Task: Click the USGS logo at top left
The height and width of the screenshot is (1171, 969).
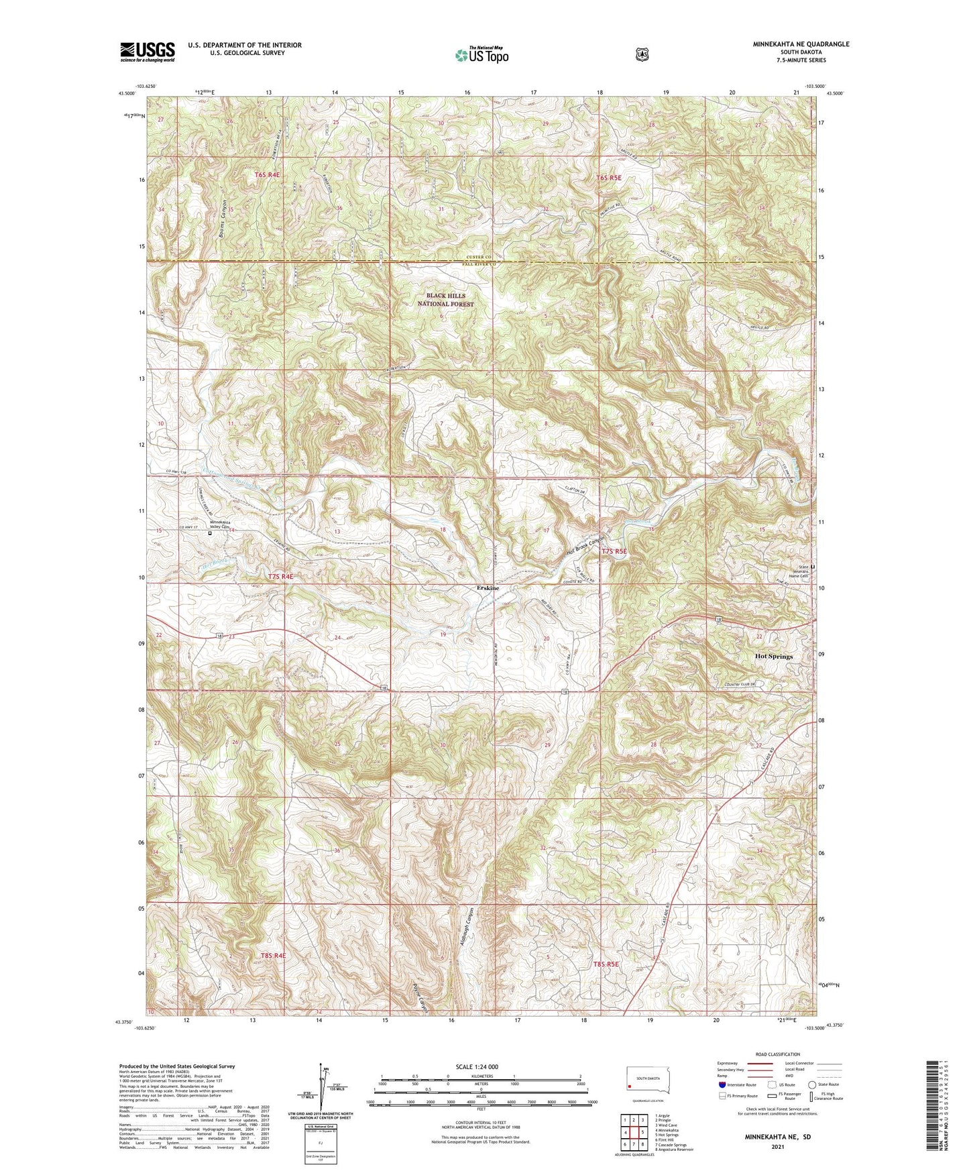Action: click(x=148, y=52)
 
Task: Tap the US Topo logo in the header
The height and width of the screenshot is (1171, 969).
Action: click(x=481, y=55)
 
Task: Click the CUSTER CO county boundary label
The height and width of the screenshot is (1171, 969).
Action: click(x=479, y=258)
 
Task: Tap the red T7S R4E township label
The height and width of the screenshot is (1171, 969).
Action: click(x=280, y=576)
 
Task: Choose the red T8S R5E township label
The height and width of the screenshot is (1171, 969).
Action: click(x=606, y=964)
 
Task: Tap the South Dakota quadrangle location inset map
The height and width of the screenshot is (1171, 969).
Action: click(x=647, y=1081)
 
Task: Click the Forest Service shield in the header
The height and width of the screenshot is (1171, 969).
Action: click(x=642, y=54)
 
